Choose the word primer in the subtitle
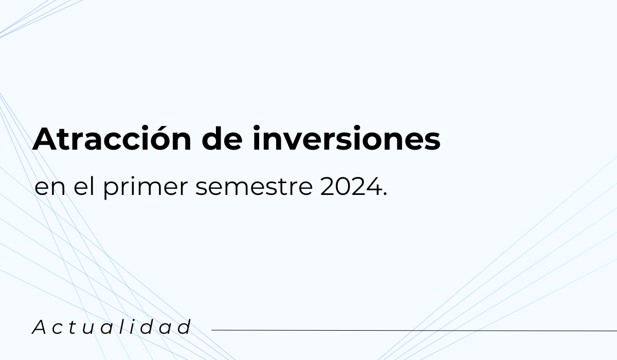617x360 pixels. tap(146, 188)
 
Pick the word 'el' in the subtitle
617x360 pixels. tap(84, 186)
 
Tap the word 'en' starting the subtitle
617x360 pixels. tap(50, 188)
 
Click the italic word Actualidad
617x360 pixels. tap(112, 327)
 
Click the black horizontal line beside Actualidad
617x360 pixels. tap(414, 330)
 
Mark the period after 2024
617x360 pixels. tap(385, 194)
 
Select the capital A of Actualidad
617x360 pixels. tap(40, 327)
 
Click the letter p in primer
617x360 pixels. tap(112, 189)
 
